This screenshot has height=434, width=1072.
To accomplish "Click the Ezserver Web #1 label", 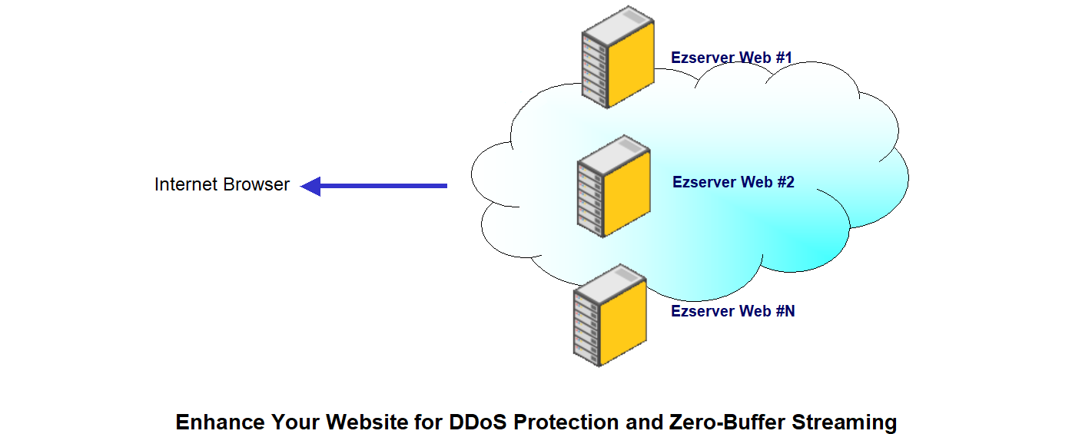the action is tap(732, 58).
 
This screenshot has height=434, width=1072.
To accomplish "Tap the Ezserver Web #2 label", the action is tap(733, 182).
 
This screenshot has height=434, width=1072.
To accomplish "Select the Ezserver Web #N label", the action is tap(732, 311).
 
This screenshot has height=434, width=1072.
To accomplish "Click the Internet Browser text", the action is tap(221, 184).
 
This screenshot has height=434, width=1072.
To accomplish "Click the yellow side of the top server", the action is tap(631, 65).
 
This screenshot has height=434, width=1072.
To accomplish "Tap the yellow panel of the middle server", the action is tap(627, 194).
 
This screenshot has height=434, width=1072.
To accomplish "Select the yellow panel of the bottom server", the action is tap(623, 323).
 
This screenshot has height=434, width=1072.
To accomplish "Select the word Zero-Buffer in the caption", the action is tap(727, 422).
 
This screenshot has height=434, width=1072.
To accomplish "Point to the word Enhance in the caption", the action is tap(220, 422).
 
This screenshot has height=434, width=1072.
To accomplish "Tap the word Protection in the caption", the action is tap(566, 422).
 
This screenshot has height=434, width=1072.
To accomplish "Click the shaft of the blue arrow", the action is tap(383, 186).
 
